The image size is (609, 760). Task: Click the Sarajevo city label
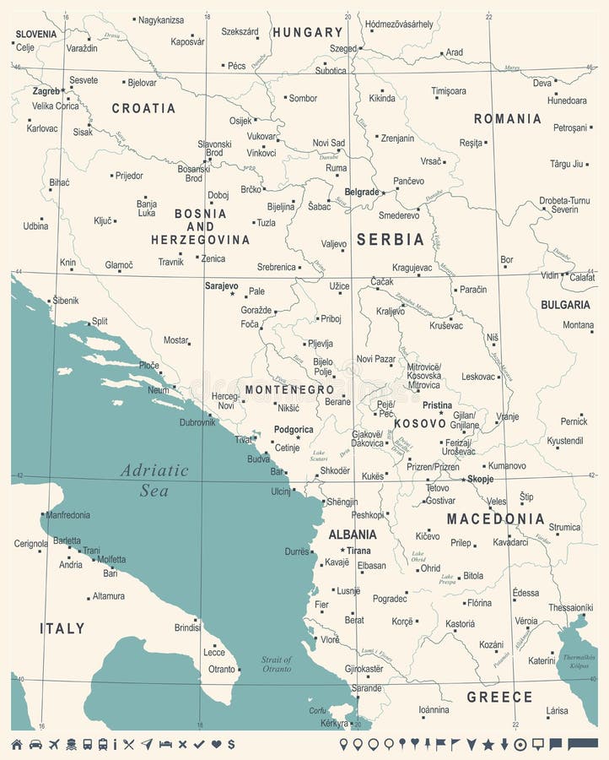[x=221, y=286]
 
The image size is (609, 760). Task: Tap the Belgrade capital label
[x=363, y=192]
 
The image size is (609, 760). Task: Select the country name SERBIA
[x=390, y=239]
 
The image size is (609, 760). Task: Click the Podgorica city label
[x=294, y=429]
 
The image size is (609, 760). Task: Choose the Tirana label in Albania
[x=358, y=551]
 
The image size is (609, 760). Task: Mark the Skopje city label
[x=480, y=479]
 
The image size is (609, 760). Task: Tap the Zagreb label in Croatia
[x=46, y=90]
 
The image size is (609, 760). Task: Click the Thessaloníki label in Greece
[x=570, y=606]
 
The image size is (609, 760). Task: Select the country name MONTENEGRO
[x=289, y=389]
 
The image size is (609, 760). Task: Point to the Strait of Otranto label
[x=276, y=664]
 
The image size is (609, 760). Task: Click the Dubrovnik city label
[x=197, y=421]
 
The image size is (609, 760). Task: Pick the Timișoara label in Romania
[x=449, y=90]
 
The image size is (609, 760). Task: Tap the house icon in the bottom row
[x=17, y=744]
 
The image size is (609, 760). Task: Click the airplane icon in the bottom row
[x=55, y=744]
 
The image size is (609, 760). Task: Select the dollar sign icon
[x=230, y=744]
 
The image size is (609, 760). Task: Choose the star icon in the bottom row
[x=488, y=744]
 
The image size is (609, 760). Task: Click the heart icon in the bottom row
[x=215, y=744]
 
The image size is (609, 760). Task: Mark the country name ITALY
[x=62, y=628]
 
